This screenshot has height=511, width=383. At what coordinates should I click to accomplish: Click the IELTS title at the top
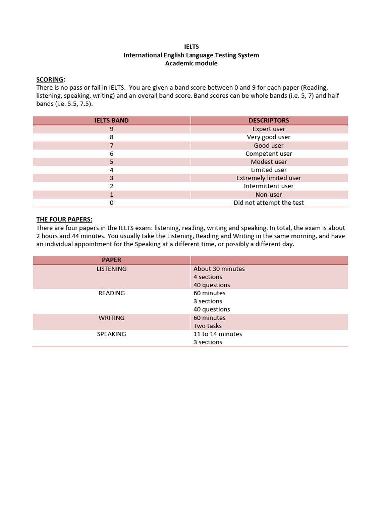click(x=191, y=47)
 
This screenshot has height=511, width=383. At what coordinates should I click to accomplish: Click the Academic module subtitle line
click(x=191, y=63)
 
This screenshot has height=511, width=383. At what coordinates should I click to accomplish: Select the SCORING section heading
click(x=50, y=79)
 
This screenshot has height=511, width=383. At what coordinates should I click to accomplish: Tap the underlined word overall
click(x=148, y=96)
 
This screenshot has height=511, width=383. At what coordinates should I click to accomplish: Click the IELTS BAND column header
click(x=112, y=120)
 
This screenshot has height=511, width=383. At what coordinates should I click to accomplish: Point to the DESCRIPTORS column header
click(x=269, y=120)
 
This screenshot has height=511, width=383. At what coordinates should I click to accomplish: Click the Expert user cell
click(x=269, y=129)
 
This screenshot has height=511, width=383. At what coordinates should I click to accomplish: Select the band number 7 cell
click(x=112, y=145)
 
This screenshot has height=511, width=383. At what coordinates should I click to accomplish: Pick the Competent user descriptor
click(x=269, y=154)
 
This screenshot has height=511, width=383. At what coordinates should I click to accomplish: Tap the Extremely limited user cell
click(x=269, y=178)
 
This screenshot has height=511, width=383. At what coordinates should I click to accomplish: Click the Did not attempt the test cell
click(x=269, y=203)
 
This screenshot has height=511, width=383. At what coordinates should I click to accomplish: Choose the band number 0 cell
click(x=112, y=203)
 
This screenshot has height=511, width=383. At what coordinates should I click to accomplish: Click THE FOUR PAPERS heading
click(x=64, y=219)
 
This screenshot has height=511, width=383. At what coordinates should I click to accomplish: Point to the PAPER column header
click(x=112, y=260)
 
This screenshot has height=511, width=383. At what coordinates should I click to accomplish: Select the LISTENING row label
click(x=112, y=269)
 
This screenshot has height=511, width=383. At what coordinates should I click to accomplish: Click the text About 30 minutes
click(x=219, y=269)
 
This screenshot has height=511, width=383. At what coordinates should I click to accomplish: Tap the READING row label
click(x=112, y=293)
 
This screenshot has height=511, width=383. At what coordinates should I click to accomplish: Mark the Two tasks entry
click(x=208, y=326)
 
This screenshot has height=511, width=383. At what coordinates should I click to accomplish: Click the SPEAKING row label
click(x=112, y=334)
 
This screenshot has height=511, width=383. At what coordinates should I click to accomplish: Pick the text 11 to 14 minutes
click(x=218, y=334)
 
